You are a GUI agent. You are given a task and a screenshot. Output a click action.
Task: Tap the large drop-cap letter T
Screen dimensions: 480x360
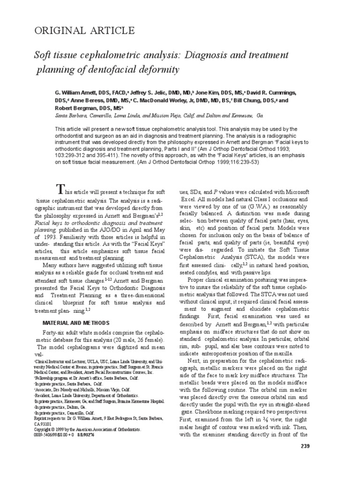point(60,189)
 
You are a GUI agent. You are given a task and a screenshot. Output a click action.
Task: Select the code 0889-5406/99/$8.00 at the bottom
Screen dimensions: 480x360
point(53,435)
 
